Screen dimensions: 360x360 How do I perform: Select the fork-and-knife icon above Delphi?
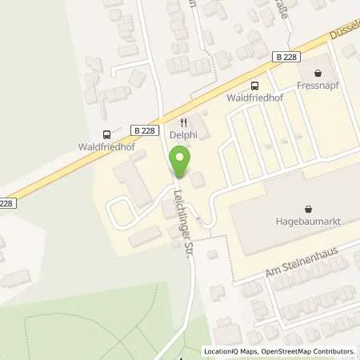pyautogui.click(x=183, y=122)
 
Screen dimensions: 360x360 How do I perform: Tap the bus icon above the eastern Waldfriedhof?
pyautogui.click(x=254, y=86)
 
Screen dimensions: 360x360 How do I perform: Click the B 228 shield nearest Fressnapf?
pyautogui.click(x=286, y=56)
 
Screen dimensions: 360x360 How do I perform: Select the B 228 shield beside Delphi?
pyautogui.click(x=145, y=130)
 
